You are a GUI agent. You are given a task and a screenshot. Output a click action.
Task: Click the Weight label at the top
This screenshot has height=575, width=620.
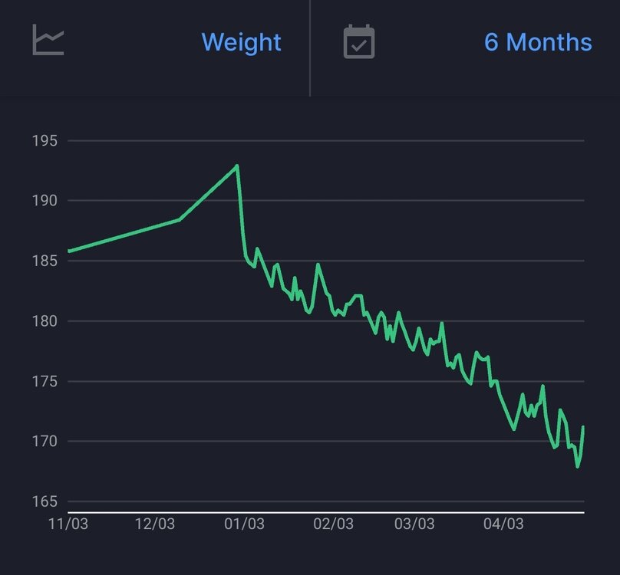coord(241,41)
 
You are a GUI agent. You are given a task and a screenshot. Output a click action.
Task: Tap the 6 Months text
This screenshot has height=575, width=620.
coord(538,41)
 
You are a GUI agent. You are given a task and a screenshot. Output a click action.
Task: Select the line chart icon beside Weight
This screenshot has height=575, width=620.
coord(48,40)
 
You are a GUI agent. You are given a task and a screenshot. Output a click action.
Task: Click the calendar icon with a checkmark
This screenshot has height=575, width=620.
coord(358,41)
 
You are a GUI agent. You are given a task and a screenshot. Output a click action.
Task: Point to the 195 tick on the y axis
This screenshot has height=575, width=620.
coord(46,141)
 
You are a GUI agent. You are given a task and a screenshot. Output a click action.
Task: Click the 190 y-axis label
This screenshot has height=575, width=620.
coord(46,201)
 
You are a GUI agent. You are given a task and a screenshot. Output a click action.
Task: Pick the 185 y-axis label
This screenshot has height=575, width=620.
coord(46,261)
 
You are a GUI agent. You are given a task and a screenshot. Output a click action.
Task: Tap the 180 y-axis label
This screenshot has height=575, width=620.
coord(46,321)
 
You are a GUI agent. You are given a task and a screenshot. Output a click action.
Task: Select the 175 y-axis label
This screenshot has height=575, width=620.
coord(46,381)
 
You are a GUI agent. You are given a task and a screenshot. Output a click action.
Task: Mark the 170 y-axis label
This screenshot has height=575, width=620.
coord(46,441)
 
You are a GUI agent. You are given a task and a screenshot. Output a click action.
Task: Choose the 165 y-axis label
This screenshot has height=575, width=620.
coord(46,501)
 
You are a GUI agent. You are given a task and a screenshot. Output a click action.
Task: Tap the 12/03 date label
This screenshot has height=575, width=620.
coord(156,524)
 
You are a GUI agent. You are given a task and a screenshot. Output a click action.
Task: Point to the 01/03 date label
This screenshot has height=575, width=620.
coord(244,524)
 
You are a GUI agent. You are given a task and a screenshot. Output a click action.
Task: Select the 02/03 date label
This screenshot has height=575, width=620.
coord(333,524)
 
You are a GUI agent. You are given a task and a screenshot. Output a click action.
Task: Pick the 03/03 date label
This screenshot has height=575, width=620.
coord(414,524)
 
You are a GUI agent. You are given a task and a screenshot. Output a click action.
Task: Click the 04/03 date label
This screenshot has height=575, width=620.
coord(503,524)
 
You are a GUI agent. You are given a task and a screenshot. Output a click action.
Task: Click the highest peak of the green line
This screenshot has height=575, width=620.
coord(237,165)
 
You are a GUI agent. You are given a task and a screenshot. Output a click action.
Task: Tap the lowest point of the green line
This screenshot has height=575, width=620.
coord(578,467)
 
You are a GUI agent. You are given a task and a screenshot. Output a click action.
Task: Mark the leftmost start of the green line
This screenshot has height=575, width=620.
coord(68,251)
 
